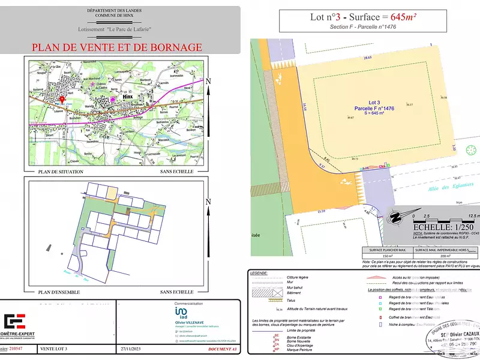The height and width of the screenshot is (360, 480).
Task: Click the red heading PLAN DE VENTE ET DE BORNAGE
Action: point(116,47)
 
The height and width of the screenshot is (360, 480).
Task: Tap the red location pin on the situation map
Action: point(62,100)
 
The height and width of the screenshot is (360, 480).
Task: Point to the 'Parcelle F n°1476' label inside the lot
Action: point(373,108)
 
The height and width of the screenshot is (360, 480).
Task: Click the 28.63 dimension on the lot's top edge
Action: point(367,58)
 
